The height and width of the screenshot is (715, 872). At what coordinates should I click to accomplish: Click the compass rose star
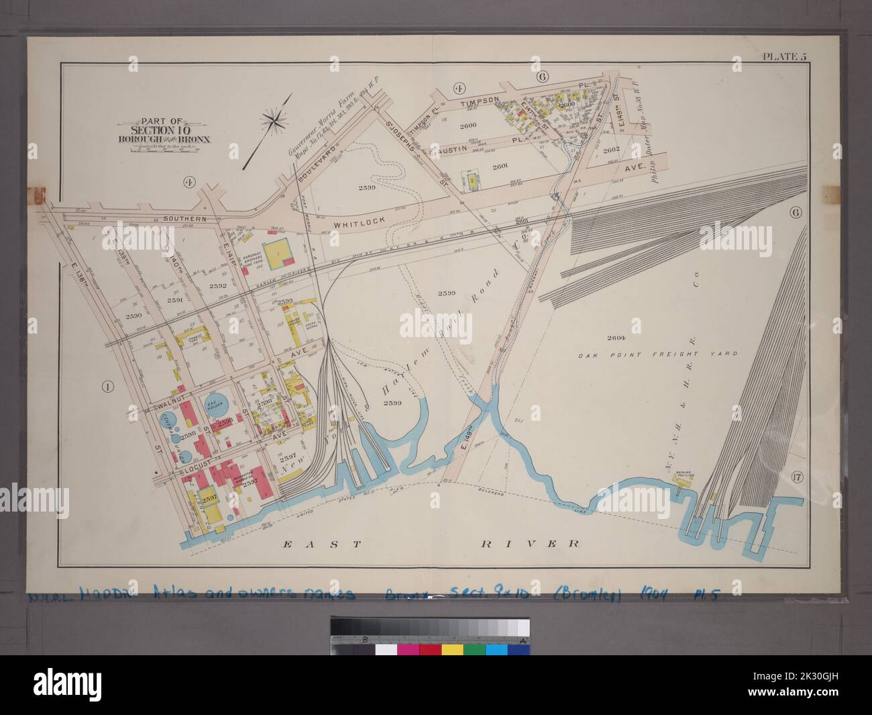[274, 122]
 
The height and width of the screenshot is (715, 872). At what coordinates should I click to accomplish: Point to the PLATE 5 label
[783, 56]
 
